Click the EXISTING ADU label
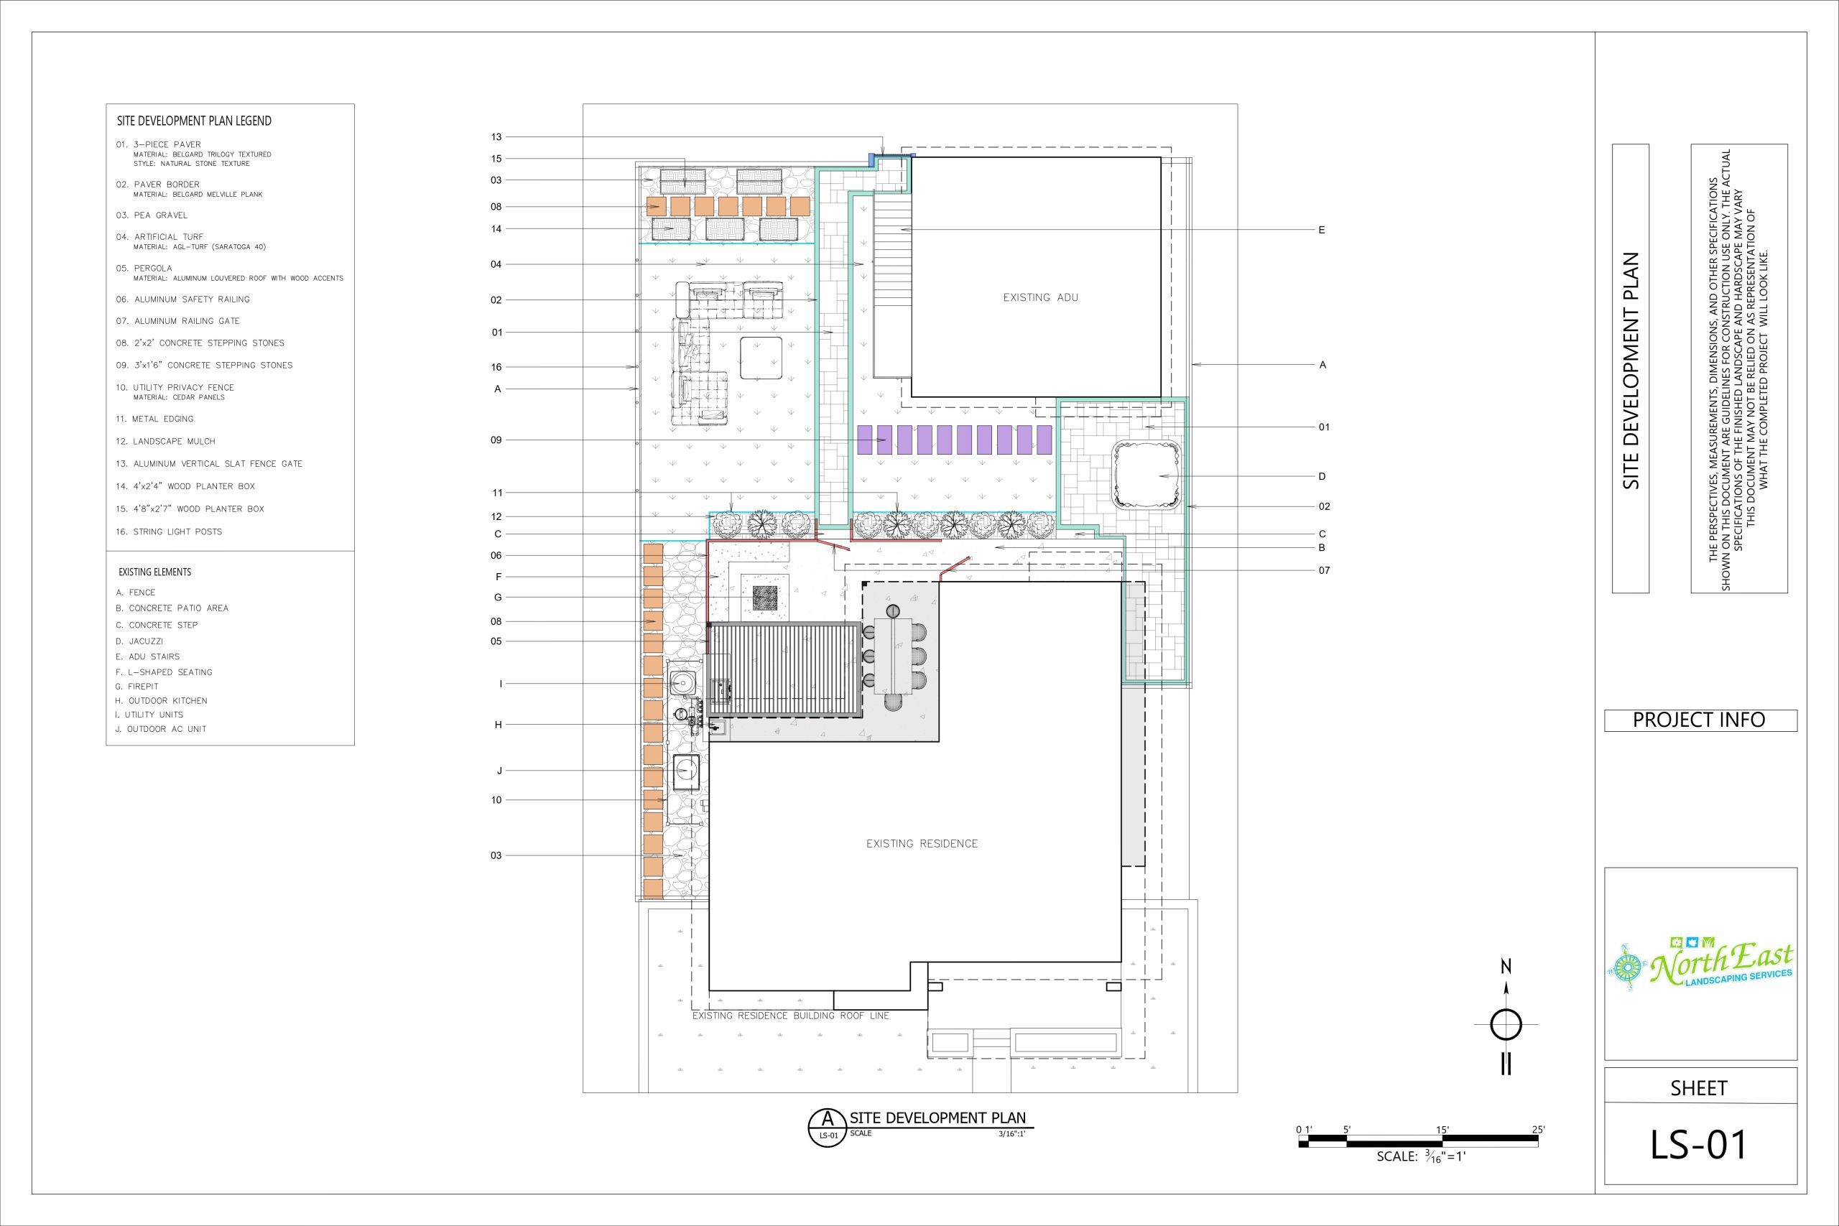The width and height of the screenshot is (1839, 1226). [x=1041, y=297]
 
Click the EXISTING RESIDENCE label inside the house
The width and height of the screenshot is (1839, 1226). [x=922, y=844]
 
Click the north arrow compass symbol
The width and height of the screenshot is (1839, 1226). [x=1506, y=1024]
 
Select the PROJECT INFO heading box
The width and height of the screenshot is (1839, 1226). [x=1700, y=720]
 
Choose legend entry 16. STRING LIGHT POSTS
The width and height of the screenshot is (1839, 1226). [x=169, y=531]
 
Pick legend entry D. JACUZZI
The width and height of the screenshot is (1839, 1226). [x=139, y=641]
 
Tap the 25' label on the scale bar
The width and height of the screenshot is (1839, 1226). [x=1538, y=1129]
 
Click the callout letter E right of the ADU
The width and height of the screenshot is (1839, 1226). [x=1321, y=230]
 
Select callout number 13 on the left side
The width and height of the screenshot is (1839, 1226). [x=496, y=137]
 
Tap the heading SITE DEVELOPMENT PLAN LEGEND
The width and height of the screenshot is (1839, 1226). [x=194, y=121]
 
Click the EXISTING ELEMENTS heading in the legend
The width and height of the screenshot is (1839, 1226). [x=155, y=572]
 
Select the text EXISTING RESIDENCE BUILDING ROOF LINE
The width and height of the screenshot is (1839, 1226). [x=790, y=1016]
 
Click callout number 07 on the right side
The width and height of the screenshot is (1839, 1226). [x=1324, y=571]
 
